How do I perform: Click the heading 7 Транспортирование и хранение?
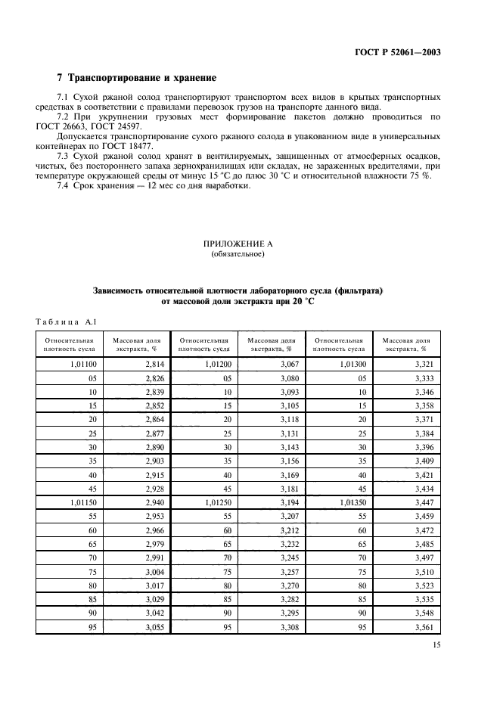pyautogui.click(x=137, y=78)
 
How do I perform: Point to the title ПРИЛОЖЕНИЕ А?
pyautogui.click(x=238, y=244)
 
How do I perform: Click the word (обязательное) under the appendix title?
pyautogui.click(x=238, y=254)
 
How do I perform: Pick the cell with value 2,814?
pyautogui.click(x=154, y=365)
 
